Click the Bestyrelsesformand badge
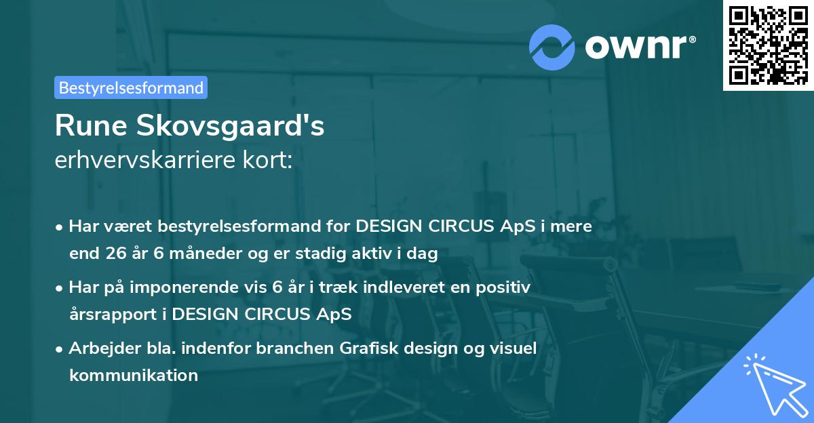coord(131,87)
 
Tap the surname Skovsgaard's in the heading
coord(231,127)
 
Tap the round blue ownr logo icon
coord(552,47)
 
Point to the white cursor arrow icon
coord(773,384)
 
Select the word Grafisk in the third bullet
coord(374,348)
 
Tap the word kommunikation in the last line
coord(134,375)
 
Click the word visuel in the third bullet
coord(513,348)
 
